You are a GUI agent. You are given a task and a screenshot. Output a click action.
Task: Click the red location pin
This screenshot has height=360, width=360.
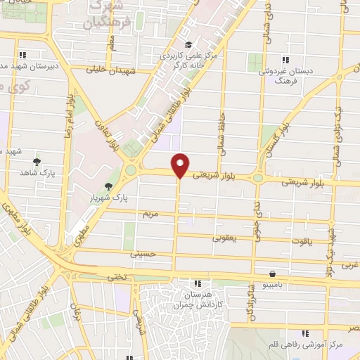coord(181,165)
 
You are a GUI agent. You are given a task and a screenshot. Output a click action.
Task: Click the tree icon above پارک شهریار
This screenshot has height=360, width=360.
coord(108,186)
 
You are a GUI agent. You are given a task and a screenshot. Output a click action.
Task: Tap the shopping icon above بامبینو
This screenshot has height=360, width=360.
coord(272,274)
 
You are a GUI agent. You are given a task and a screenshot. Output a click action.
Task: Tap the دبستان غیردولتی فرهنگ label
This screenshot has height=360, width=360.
coord(283,76)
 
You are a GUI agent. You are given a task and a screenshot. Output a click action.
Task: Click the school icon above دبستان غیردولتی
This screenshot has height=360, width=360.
coord(285,60)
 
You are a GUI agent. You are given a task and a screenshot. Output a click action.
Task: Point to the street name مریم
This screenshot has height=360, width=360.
coord(151,212)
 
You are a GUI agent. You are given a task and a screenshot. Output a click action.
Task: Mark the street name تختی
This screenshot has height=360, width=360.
coord(116,277)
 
